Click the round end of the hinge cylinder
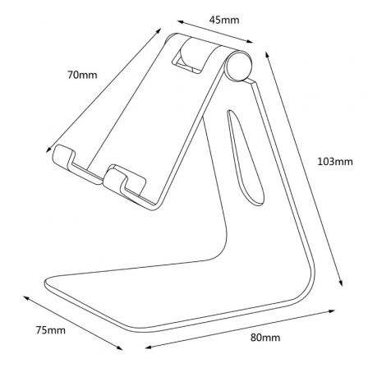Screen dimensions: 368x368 (x=238, y=66)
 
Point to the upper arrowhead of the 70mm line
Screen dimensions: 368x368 (x=159, y=30)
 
